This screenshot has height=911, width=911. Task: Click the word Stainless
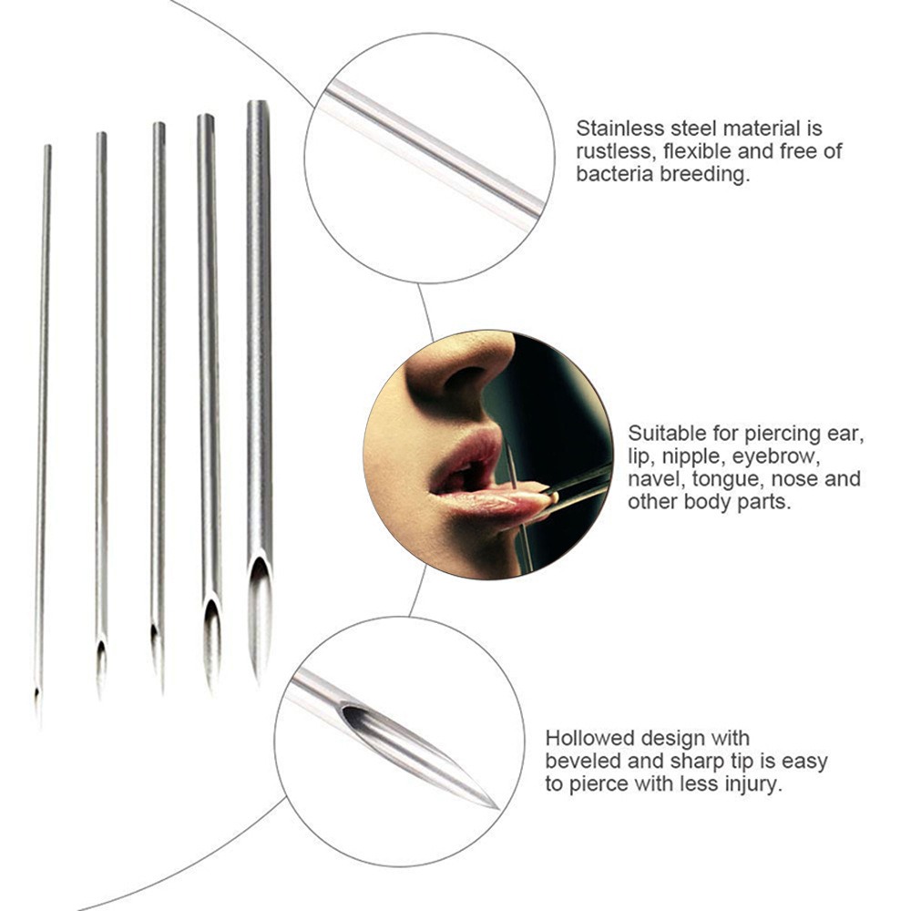pyautogui.click(x=619, y=128)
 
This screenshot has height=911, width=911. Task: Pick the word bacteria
pyautogui.click(x=613, y=174)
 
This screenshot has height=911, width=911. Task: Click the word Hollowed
pyautogui.click(x=589, y=738)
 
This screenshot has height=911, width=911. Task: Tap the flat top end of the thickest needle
pyautogui.click(x=257, y=103)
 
